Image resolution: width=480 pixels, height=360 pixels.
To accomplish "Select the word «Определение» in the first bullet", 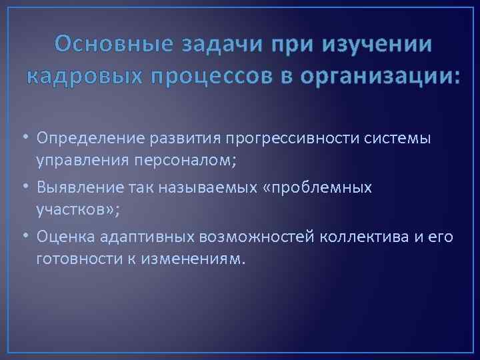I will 91,138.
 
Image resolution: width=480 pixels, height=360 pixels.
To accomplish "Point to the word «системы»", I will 400,138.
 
